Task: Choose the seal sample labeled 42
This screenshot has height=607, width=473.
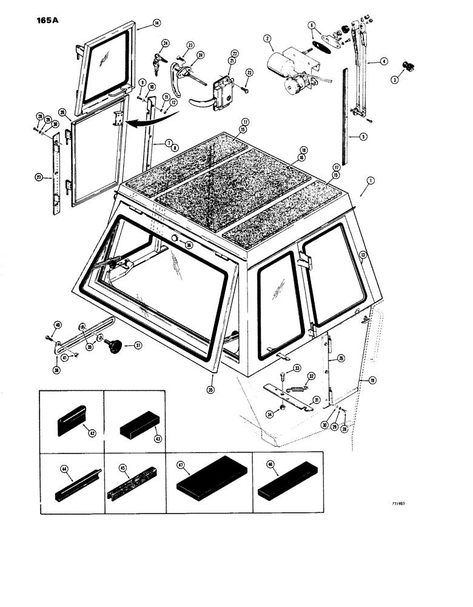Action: click(72, 420)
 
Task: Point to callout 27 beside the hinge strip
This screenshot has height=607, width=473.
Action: click(40, 177)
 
